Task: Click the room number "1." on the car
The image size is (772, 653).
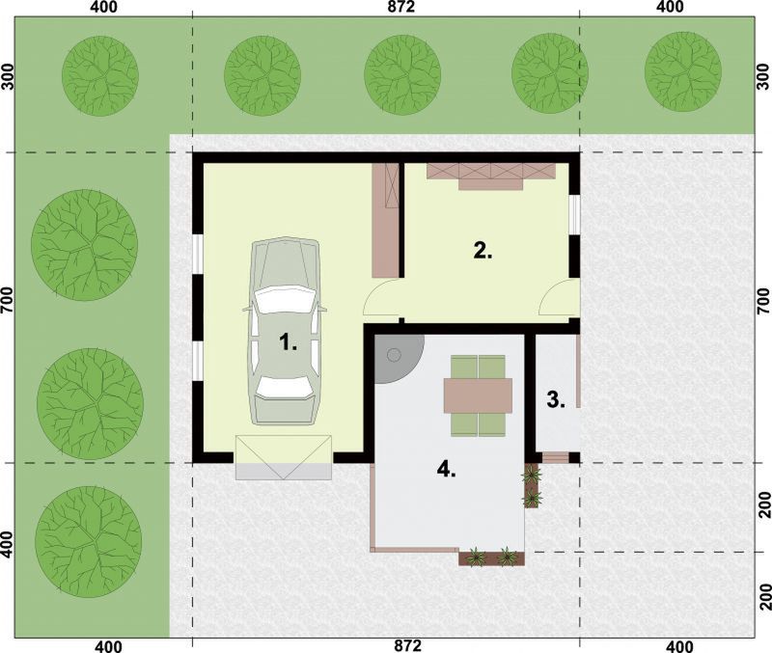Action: [x=288, y=341]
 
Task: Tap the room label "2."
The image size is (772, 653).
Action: [x=482, y=251]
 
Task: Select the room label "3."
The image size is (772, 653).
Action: [x=556, y=400]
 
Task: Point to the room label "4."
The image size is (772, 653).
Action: [x=446, y=470]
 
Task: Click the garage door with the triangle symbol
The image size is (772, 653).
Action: [x=284, y=457]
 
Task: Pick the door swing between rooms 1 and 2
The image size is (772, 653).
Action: [x=380, y=297]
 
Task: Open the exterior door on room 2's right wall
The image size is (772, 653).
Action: [x=557, y=297]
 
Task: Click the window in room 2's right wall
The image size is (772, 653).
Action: [x=574, y=214]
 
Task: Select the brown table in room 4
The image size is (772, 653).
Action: [x=478, y=395]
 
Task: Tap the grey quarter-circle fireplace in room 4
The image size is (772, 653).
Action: [x=397, y=356]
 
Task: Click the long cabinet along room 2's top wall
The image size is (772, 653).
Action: [x=491, y=176]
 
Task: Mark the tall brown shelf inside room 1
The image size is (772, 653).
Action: [x=385, y=220]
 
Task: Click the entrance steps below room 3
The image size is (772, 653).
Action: [x=556, y=457]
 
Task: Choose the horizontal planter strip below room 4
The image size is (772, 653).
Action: [x=491, y=558]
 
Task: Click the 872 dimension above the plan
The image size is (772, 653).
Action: [x=401, y=7]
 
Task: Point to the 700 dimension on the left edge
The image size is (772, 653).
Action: [x=7, y=300]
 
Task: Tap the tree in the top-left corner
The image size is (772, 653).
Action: [x=100, y=76]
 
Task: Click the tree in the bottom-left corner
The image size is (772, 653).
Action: [x=89, y=542]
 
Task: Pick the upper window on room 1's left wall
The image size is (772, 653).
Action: [x=197, y=254]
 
